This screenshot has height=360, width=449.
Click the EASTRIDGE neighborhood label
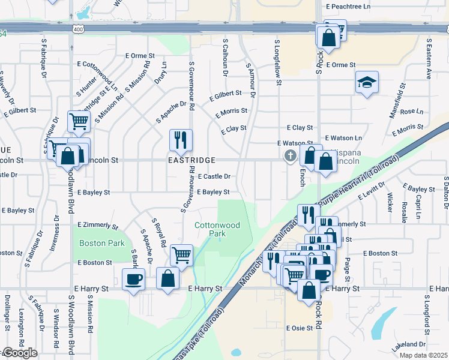pos(191,161)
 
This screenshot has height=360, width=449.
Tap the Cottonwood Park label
pos(217,230)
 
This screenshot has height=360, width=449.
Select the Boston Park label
pos(102,243)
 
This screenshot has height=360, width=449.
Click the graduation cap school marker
pos(367,82)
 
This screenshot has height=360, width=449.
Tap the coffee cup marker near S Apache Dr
pos(133,278)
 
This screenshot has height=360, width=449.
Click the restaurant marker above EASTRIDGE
pos(181,140)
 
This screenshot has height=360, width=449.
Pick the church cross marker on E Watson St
pos(290,157)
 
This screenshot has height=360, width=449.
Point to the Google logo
pos(19,353)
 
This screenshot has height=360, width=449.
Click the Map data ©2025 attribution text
pos(423,355)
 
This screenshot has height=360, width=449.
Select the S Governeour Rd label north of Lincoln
pos(192,85)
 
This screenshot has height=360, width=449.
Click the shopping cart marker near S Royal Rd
pos(181,254)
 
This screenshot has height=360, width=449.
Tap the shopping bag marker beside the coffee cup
pos(168,278)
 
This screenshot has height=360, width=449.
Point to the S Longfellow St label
pos(277,62)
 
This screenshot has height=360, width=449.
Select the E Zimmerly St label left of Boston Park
pos(98,225)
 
